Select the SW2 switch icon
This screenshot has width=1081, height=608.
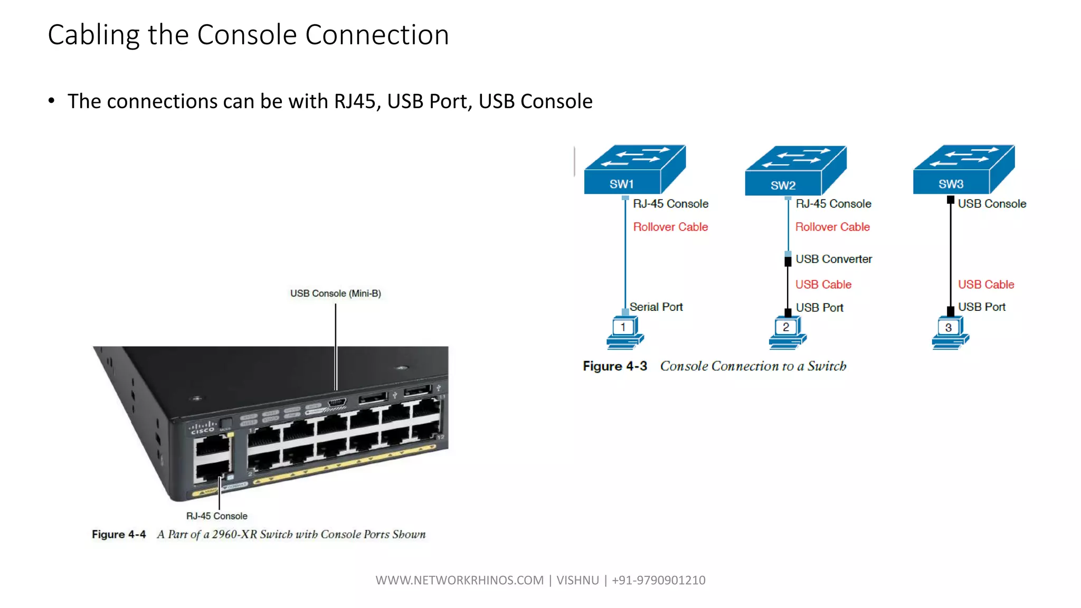click(x=794, y=170)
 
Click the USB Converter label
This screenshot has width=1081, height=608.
click(x=833, y=259)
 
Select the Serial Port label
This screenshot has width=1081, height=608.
click(x=656, y=307)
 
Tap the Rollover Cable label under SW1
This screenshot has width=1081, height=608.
click(x=670, y=227)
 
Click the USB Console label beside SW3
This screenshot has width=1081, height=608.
click(x=992, y=204)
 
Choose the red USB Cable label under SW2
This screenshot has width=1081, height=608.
click(x=823, y=284)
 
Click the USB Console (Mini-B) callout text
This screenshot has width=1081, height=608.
click(x=335, y=293)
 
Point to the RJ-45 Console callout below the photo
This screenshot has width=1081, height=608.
click(x=216, y=516)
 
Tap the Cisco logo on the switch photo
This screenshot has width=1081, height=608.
click(x=203, y=427)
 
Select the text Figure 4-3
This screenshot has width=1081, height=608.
click(x=614, y=366)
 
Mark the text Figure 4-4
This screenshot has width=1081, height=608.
click(x=119, y=535)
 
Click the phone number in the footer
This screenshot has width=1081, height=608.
click(x=658, y=580)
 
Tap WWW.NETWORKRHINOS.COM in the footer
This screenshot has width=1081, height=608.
click(x=459, y=580)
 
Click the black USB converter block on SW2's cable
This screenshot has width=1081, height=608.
click(x=788, y=261)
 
